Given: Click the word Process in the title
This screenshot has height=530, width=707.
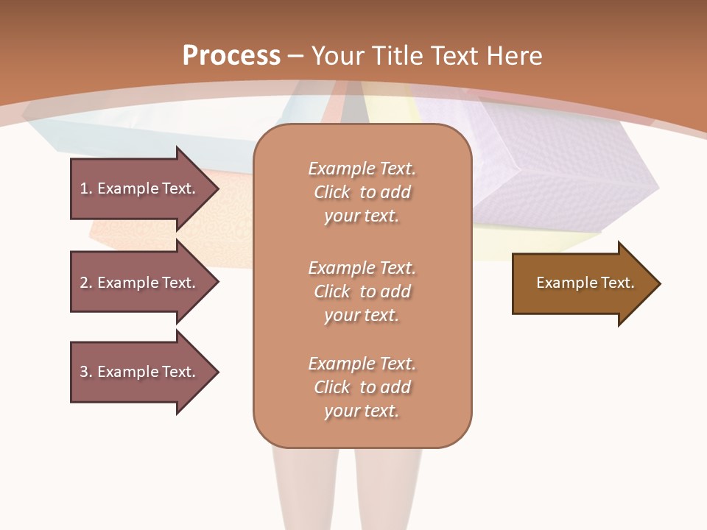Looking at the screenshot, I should tap(231, 56).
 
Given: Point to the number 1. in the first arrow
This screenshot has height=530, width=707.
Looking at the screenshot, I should tap(85, 188).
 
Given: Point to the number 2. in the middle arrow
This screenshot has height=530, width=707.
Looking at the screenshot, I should tap(85, 283).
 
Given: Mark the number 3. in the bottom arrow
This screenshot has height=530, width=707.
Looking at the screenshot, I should tap(85, 372).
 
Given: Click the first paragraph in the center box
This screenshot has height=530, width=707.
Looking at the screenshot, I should tap(362, 192).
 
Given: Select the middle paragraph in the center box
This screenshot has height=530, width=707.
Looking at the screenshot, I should tap(362, 291).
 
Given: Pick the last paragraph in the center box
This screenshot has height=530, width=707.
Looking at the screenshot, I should tap(362, 387).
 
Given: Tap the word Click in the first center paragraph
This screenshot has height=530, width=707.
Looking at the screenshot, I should tap(332, 192).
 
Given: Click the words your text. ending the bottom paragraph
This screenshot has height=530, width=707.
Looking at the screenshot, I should tap(362, 411).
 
